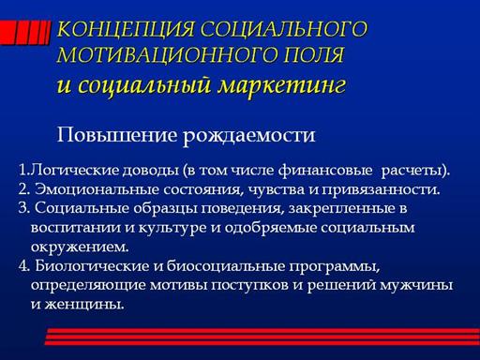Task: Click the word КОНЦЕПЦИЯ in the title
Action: tap(126, 29)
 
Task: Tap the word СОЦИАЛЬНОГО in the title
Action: tap(284, 29)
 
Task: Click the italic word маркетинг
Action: tap(281, 85)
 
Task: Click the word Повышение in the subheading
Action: tap(116, 135)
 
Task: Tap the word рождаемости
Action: tap(248, 136)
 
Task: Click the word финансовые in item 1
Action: tap(325, 170)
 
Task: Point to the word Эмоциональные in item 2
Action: tap(97, 189)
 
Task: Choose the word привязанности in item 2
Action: tap(381, 190)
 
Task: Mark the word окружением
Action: tap(80, 247)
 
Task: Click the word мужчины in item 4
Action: tap(416, 285)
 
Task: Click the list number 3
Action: tap(23, 208)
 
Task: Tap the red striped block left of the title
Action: tap(24, 33)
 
